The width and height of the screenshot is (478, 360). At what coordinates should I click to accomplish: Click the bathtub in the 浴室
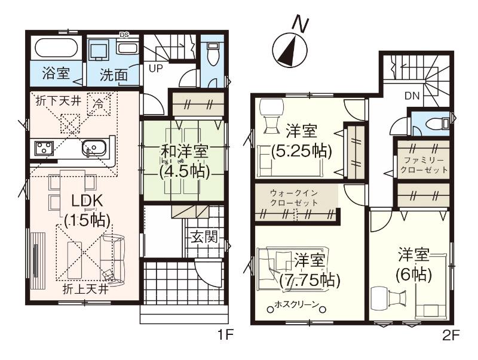[56, 48]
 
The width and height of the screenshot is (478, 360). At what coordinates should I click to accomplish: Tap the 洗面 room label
[114, 75]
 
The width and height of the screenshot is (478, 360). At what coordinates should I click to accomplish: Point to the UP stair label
[156, 68]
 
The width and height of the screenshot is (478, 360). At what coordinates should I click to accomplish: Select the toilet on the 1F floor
[213, 54]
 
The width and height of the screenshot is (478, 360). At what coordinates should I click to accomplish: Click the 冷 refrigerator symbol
[98, 104]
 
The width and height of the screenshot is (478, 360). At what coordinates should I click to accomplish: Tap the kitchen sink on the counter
[94, 149]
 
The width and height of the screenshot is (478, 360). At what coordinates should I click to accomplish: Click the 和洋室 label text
[185, 152]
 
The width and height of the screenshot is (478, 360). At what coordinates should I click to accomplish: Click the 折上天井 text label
[85, 289]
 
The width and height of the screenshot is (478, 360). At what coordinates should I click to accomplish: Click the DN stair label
[412, 96]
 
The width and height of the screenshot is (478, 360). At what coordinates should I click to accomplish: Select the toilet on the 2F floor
[437, 124]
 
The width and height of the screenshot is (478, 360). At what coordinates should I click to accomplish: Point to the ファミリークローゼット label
[424, 165]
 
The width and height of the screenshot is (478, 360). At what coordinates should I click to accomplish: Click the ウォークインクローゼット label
[294, 198]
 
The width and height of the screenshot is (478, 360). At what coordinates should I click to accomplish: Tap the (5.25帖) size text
[301, 150]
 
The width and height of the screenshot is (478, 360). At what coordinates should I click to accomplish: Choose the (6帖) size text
[413, 275]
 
